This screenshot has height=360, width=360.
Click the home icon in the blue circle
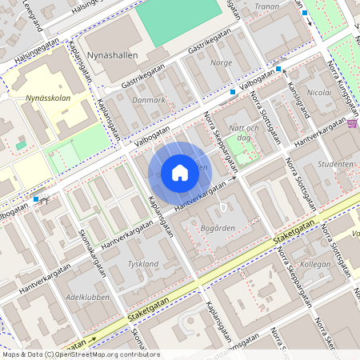pyautogui.click(x=180, y=173)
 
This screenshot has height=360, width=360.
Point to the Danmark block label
pyautogui.click(x=149, y=100)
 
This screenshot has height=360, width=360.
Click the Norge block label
pyautogui.click(x=220, y=62)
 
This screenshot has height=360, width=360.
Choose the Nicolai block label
pyautogui.click(x=319, y=93)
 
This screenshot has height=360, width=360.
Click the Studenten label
pyautogui.click(x=335, y=164)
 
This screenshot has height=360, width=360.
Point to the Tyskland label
pyautogui.click(x=144, y=264)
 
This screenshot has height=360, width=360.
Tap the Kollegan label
pyautogui.click(x=314, y=264)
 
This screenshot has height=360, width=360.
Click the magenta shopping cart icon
pyautogui.click(x=353, y=123)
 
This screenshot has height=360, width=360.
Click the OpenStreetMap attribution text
pyautogui.click(x=81, y=354)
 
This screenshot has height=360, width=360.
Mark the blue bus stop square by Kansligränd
pyautogui.click(x=278, y=70)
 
